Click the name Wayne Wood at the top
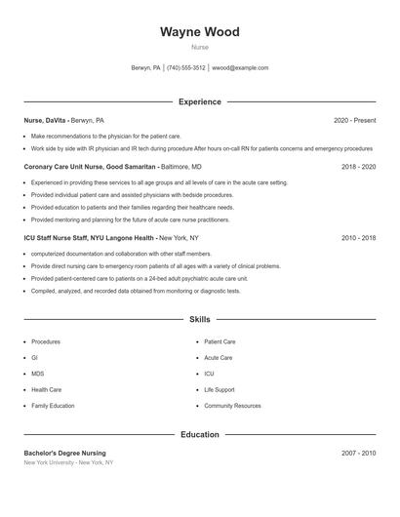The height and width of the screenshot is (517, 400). (x=199, y=32)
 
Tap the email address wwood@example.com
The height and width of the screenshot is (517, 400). (x=240, y=68)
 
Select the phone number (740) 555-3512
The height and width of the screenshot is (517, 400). (x=185, y=68)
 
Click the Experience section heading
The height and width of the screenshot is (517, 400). (x=199, y=101)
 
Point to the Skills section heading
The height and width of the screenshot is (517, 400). (x=199, y=319)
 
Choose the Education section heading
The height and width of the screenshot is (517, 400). (x=199, y=434)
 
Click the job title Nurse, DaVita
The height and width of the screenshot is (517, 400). (x=46, y=120)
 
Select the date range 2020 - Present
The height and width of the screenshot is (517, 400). (x=354, y=120)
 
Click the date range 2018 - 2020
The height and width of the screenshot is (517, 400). (x=358, y=167)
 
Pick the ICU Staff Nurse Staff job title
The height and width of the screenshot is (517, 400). (x=90, y=237)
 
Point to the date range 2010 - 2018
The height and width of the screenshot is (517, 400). (x=358, y=237)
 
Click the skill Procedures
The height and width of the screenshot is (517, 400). (x=46, y=342)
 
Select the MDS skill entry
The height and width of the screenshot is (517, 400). (x=37, y=374)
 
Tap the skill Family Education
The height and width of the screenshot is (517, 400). (x=53, y=405)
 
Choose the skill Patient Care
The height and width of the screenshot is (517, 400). (x=220, y=342)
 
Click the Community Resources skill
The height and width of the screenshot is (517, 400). (x=232, y=405)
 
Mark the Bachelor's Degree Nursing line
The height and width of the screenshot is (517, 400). (x=64, y=453)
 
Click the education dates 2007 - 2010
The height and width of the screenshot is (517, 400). (x=358, y=453)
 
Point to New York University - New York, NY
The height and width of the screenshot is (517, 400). (x=68, y=462)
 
